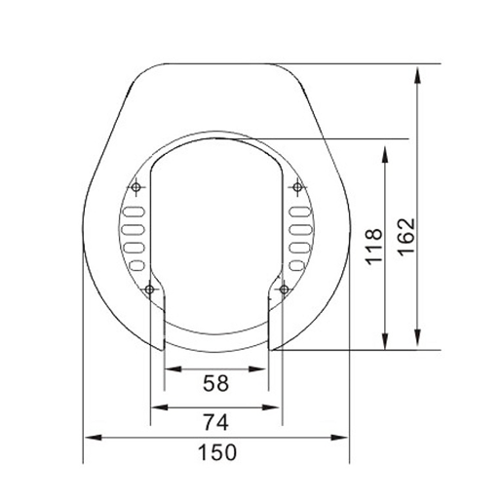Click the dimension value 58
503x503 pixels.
215,384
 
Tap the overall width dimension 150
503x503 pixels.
215,451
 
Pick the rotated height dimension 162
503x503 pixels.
406,234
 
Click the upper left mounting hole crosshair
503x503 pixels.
136,188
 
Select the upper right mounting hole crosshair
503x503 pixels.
294,188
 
